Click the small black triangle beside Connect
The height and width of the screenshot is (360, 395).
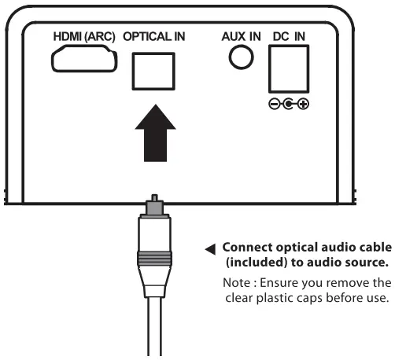click(x=210, y=251)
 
